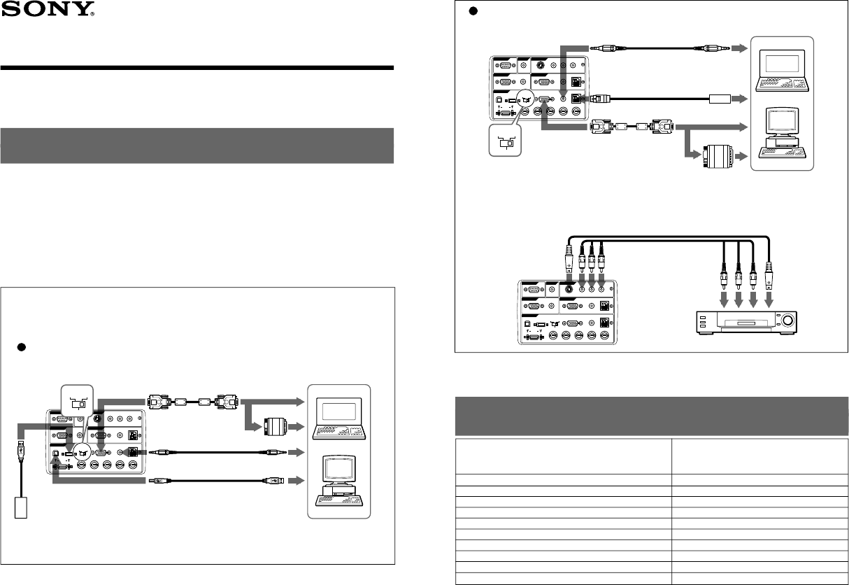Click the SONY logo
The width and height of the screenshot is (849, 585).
(48, 10)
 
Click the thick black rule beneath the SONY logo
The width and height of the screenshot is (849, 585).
(197, 68)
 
